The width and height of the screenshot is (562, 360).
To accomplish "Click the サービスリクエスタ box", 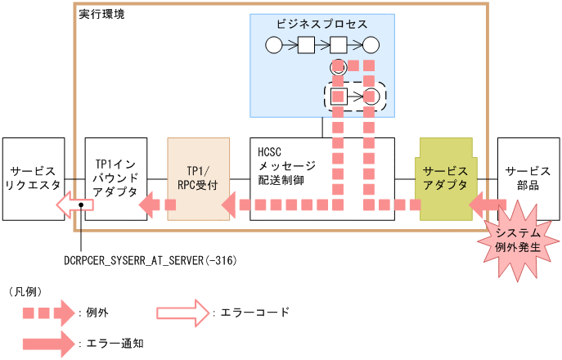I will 33,179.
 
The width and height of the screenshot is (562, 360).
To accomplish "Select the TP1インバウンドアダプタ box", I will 115,179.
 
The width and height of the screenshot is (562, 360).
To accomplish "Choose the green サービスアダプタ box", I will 446,179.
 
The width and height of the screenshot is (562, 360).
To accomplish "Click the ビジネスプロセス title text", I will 322,25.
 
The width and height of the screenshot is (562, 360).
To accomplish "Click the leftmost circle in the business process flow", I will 273,45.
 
